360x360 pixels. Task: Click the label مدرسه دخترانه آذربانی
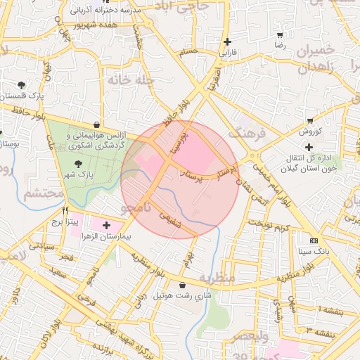[x=106, y=12]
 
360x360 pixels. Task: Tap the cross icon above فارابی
[x=227, y=42]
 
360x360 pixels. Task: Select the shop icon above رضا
[x=280, y=34]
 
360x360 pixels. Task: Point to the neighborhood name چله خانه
[x=130, y=80]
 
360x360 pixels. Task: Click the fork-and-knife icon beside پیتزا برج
[x=65, y=210]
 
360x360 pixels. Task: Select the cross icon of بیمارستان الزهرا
[x=106, y=226]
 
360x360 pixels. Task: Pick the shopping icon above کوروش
[x=309, y=121]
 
